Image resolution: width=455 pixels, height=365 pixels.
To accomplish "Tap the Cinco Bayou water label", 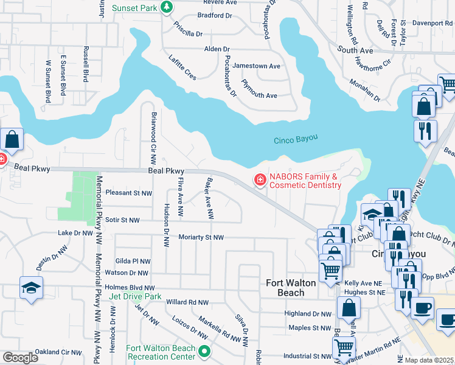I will click(x=296, y=139).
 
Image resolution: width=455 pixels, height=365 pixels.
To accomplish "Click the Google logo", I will click(x=20, y=358).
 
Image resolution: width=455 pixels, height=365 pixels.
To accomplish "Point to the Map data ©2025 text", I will click(x=429, y=360).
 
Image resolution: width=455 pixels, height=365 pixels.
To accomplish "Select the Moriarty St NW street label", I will click(x=201, y=237).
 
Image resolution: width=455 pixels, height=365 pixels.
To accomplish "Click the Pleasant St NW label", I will click(x=128, y=193).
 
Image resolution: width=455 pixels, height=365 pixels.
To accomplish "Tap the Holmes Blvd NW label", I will click(x=130, y=288).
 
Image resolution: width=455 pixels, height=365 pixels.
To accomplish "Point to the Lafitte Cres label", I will click(x=182, y=67).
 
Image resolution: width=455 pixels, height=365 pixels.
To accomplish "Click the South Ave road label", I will click(x=355, y=50).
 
